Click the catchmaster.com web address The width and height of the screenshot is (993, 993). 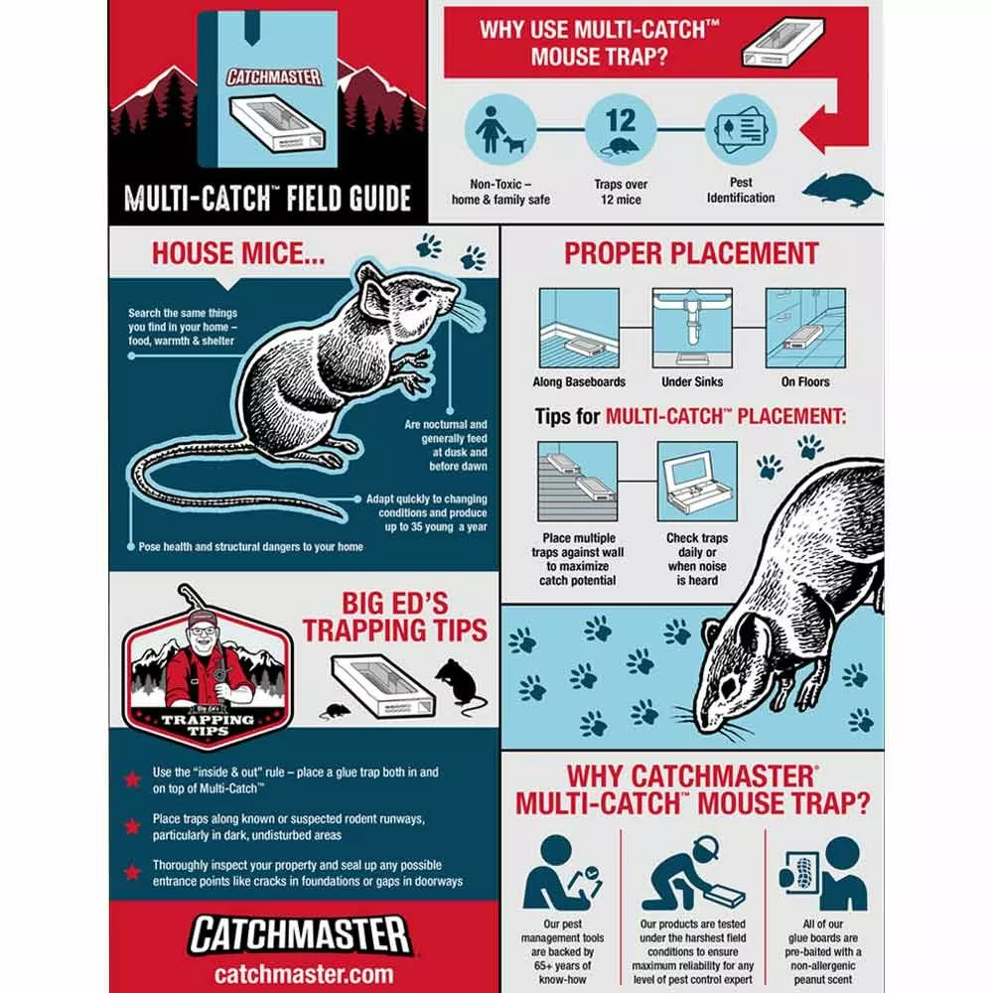point(303,973)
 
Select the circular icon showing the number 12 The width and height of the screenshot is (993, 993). point(621,130)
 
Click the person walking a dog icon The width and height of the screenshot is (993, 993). point(500,130)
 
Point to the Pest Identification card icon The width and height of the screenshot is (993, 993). point(741,130)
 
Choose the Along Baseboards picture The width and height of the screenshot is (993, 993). point(579,328)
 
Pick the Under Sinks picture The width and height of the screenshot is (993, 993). point(692,328)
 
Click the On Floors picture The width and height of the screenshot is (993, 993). point(805,328)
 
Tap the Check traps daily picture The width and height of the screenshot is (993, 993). point(697,482)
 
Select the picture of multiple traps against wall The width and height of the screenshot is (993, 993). point(578,482)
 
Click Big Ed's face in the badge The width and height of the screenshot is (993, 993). point(203,638)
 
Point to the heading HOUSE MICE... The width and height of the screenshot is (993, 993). point(238,253)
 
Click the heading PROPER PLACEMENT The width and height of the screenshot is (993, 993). point(691,253)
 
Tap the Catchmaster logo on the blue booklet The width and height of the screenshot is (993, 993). point(274,77)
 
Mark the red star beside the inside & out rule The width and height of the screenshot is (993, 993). point(132,779)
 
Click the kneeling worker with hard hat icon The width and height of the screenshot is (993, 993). point(692,873)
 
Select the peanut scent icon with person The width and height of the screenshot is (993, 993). point(823,873)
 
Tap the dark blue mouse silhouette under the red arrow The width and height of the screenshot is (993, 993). point(842,190)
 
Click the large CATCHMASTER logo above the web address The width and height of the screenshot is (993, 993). point(300,935)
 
